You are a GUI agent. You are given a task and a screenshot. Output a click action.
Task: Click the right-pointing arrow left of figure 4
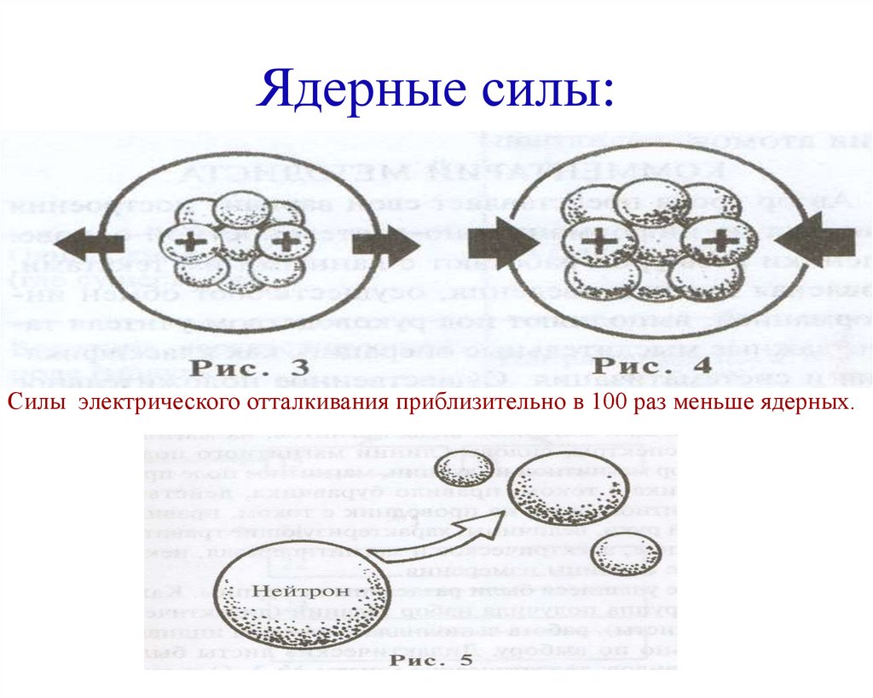coord(503,243)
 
